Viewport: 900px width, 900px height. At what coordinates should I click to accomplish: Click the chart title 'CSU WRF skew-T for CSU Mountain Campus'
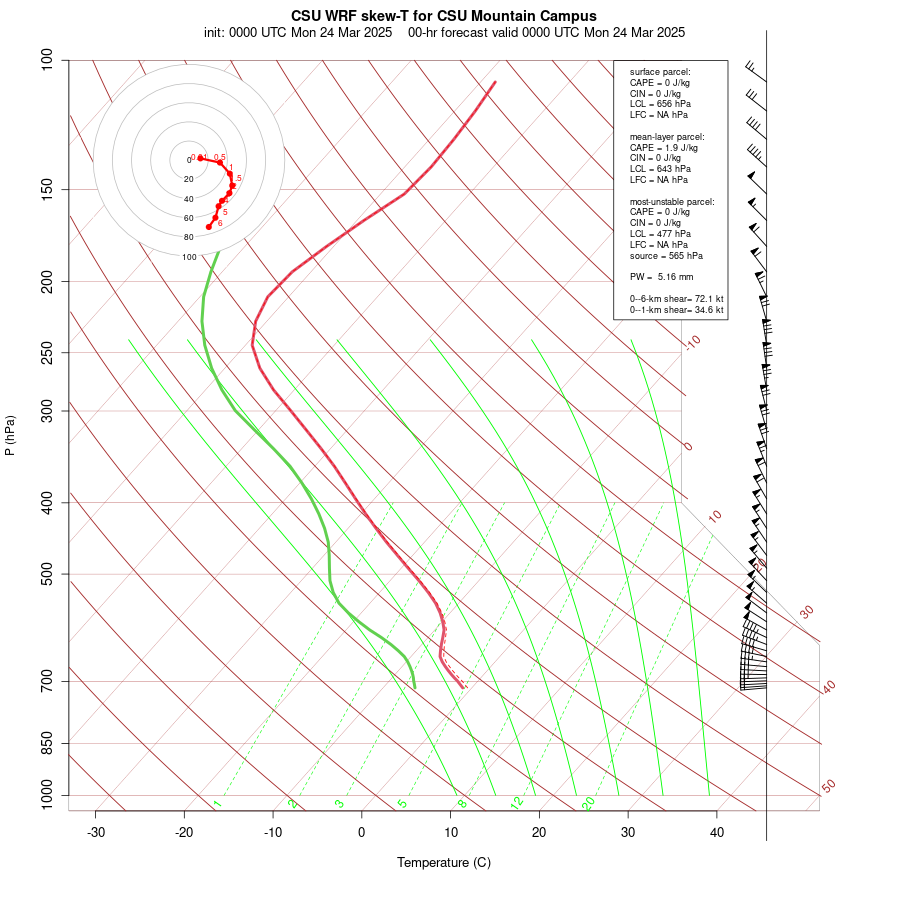(x=444, y=16)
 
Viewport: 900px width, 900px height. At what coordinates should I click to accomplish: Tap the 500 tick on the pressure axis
(x=48, y=574)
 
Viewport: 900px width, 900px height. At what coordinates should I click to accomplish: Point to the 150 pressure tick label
(x=48, y=189)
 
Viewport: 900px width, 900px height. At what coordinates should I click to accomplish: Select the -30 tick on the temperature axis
(x=96, y=832)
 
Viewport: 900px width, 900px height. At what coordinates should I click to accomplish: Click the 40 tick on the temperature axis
(x=717, y=832)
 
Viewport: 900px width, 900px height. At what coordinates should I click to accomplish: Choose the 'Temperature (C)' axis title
(x=444, y=862)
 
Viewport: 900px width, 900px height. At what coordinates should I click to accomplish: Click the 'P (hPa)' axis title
(x=10, y=435)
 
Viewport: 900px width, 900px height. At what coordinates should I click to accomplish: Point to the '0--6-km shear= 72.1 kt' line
(x=676, y=299)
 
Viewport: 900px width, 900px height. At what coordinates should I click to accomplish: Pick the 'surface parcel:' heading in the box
(x=660, y=71)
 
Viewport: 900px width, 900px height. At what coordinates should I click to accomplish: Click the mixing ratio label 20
(x=589, y=802)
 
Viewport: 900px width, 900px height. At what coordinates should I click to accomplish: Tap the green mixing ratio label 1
(x=217, y=803)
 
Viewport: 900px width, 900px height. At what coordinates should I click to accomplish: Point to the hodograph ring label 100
(x=189, y=257)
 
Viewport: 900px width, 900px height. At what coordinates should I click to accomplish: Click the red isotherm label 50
(x=828, y=786)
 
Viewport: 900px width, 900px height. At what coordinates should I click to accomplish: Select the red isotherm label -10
(x=692, y=342)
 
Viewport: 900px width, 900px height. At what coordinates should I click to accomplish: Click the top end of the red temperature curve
(x=495, y=81)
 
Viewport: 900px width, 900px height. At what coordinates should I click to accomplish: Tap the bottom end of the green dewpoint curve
(x=414, y=687)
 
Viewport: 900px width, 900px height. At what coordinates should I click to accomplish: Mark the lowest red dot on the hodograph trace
(x=209, y=227)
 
